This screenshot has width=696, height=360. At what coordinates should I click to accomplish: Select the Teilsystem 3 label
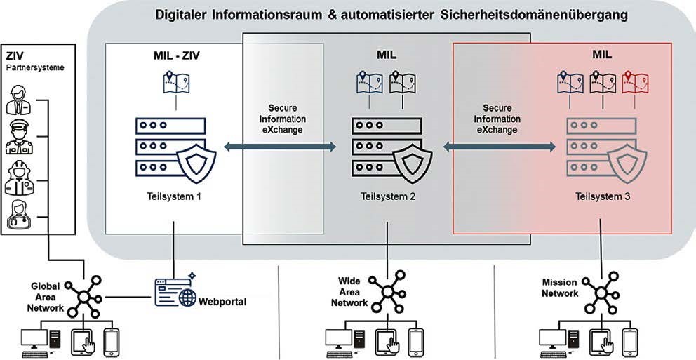(601, 197)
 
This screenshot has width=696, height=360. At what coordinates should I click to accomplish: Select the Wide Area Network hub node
(388, 291)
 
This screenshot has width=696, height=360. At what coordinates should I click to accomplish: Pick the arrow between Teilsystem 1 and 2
(279, 147)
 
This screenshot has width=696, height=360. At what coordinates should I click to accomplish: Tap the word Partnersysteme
(30, 69)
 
